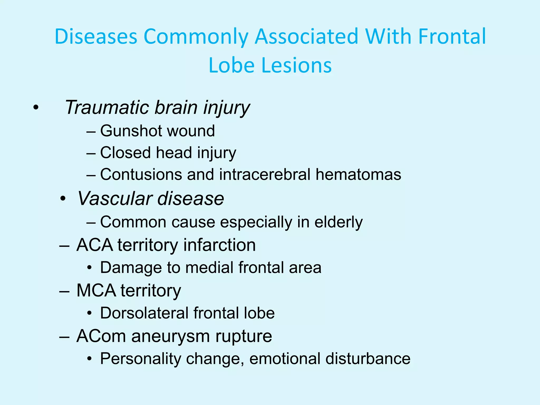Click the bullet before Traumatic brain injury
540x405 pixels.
coord(36,108)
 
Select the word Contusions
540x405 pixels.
coord(141,175)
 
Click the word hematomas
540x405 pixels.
coord(358,175)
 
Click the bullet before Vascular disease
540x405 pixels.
coord(63,199)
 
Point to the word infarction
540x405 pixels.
coord(219,245)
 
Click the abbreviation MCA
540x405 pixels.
coord(96,291)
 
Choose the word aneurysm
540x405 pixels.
coord(171,336)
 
